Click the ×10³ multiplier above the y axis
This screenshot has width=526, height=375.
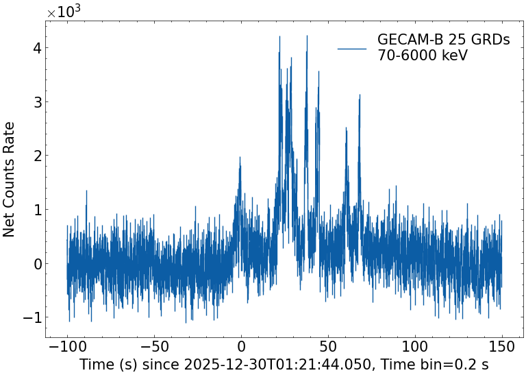pos(63,12)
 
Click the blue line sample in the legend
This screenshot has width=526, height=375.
pos(352,48)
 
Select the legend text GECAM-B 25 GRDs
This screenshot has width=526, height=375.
pos(443,40)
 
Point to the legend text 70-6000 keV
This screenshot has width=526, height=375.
pos(422,56)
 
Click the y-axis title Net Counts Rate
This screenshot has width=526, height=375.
pos(10,179)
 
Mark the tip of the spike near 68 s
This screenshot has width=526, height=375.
pos(359,97)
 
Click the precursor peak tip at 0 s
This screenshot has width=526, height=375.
pos(240,157)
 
